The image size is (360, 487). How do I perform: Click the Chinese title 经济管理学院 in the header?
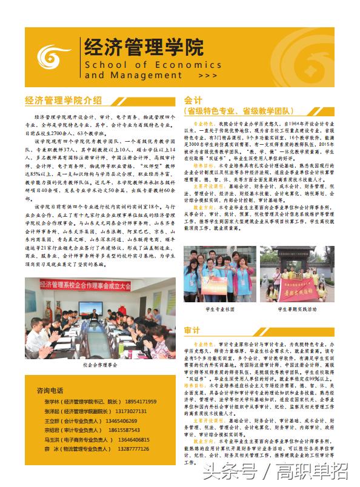(x=144, y=46)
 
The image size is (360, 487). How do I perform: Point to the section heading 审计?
(x=192, y=330)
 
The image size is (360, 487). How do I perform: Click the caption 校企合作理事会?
(x=100, y=366)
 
